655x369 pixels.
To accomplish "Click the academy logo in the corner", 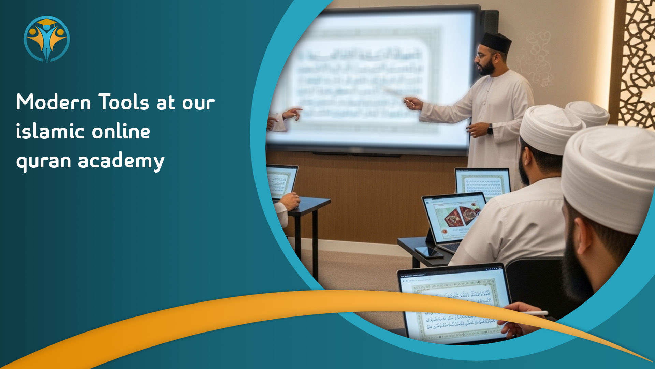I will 47,39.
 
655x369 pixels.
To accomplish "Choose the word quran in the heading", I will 44,161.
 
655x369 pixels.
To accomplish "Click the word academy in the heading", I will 121,161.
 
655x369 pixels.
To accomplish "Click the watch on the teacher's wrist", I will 490,129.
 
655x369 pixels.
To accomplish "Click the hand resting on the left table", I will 290,201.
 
